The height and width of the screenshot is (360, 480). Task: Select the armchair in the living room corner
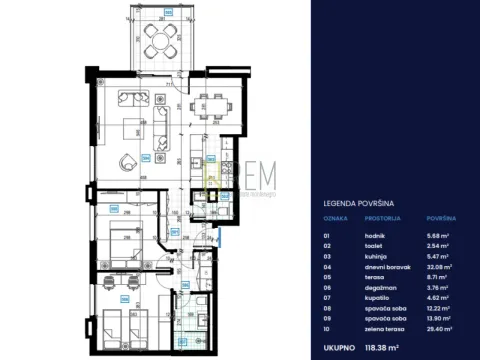127,163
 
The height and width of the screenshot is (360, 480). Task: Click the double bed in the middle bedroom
120,243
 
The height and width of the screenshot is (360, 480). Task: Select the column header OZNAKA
333,216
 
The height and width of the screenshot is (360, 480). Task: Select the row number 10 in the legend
327,325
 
